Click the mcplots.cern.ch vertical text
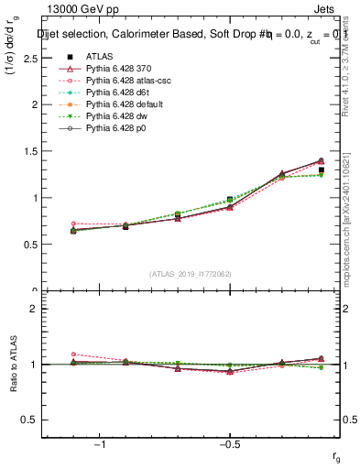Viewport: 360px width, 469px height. click(x=346, y=229)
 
